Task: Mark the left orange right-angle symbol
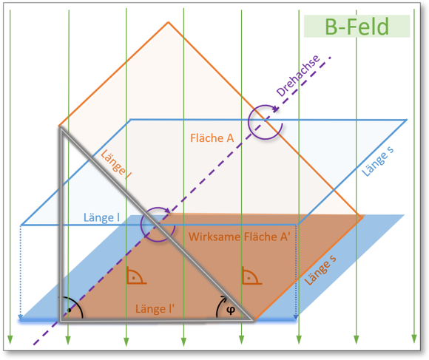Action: click(x=135, y=276)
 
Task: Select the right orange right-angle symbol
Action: click(x=249, y=276)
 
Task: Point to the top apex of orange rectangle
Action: click(x=169, y=21)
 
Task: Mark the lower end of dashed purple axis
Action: click(x=31, y=344)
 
